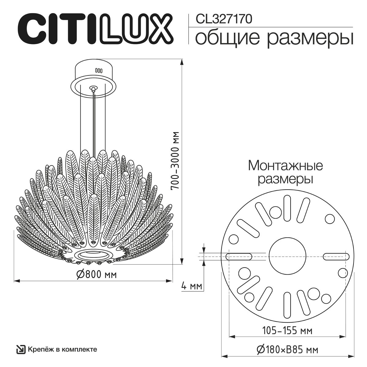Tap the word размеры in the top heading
tap(310, 39)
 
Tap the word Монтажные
tap(285, 166)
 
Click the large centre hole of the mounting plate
tap(287, 256)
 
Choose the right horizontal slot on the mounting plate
tap(336, 256)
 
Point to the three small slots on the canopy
tap(98, 70)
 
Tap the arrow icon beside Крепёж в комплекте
tap(20, 349)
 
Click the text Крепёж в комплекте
tap(62, 349)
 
